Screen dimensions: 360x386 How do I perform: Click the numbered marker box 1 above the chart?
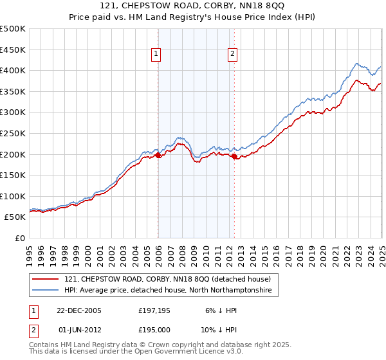pos(156,55)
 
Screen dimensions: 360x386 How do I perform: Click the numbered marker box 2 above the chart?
pos(232,55)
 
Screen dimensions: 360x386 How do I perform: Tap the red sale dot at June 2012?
pos(234,156)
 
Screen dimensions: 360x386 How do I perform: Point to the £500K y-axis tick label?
pos(14,29)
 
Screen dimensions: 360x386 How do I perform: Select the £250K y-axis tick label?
pos(14,133)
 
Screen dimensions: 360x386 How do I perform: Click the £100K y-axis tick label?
pos(14,196)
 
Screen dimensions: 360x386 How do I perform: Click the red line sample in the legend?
pos(46,280)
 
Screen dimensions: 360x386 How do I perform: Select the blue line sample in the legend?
pos(46,291)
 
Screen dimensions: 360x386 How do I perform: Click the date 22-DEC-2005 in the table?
pos(79,310)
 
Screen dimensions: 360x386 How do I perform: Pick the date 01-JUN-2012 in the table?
pos(79,329)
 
